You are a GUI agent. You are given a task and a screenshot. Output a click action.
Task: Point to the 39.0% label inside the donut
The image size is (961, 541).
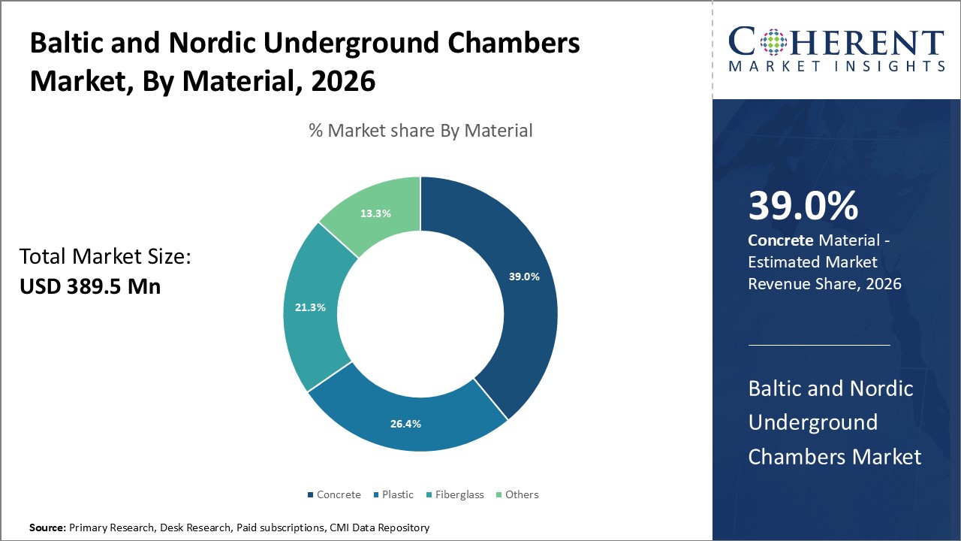pos(524,277)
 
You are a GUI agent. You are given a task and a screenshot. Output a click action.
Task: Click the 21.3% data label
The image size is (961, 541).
pos(310,307)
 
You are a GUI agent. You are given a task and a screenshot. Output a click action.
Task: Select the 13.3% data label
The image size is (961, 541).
pos(375,213)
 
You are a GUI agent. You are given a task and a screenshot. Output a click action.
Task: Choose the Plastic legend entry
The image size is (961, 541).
pos(397,494)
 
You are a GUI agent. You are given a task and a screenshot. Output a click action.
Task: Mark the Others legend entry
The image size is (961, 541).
pos(521,494)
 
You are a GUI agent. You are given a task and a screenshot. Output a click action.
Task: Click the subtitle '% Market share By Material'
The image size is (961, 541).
pos(420,131)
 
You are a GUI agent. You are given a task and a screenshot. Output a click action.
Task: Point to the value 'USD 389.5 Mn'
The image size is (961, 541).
pos(90,286)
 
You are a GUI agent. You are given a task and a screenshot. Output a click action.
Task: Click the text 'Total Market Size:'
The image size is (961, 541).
pos(105,258)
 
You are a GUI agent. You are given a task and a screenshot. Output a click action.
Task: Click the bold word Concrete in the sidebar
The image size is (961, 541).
pos(781,240)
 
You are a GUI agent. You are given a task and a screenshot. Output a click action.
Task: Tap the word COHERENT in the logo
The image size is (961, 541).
pos(836,43)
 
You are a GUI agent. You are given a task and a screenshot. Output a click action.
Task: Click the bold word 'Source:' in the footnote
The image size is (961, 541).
pos(48,528)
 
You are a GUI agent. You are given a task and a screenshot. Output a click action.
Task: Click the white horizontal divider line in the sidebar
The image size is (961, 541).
pos(819,345)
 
